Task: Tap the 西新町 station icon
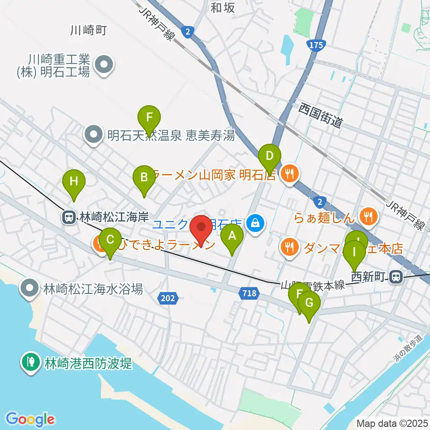point(396,277)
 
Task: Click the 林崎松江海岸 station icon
point(69,218)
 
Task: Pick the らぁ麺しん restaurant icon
point(370,217)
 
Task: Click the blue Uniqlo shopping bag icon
point(256,222)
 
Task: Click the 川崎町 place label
point(88,30)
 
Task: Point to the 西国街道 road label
point(321,115)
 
